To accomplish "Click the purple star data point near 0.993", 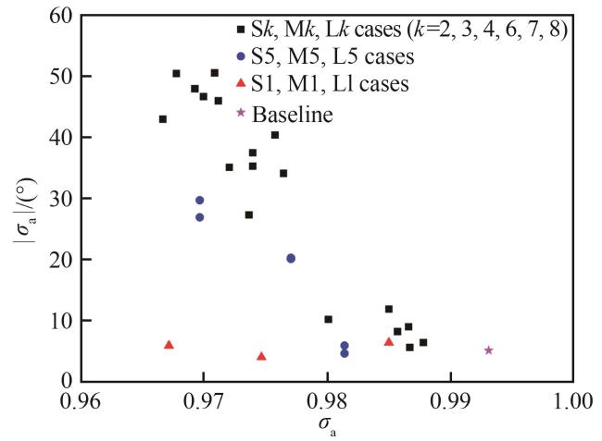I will tap(488, 350).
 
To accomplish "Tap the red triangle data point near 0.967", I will tap(169, 345).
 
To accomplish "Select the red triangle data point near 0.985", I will tap(389, 342).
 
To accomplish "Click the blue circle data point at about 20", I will tap(291, 259).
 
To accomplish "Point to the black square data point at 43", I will tap(163, 119).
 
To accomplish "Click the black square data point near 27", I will tap(248, 215).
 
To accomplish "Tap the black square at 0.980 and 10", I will tap(328, 320).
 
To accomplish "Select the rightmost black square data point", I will tap(423, 342).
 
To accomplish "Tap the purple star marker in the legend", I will tap(241, 113).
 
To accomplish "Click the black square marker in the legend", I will tap(241, 31).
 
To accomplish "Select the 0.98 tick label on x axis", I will tap(327, 402).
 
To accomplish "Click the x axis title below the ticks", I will tap(325, 427).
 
